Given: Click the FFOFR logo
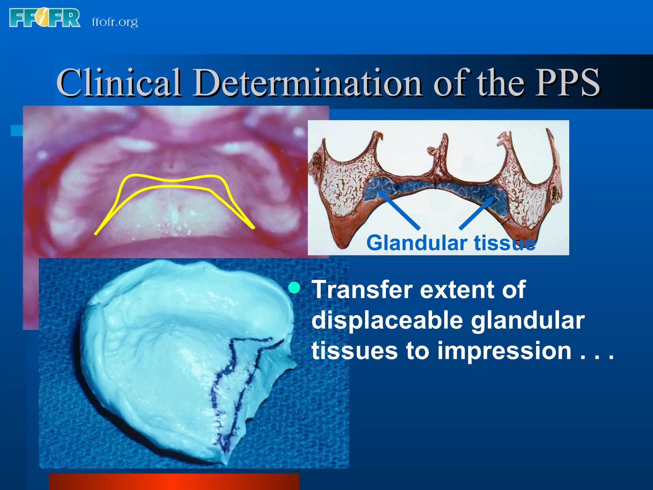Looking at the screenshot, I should [x=45, y=18].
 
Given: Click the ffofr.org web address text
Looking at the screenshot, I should [x=115, y=22].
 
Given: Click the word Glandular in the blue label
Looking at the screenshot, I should [x=417, y=243].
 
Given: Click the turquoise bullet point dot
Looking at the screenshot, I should [x=294, y=288].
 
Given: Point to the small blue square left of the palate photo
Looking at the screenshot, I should [x=17, y=130].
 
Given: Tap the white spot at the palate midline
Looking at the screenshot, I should [x=174, y=217].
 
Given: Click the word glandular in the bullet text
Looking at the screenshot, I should [x=528, y=320].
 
